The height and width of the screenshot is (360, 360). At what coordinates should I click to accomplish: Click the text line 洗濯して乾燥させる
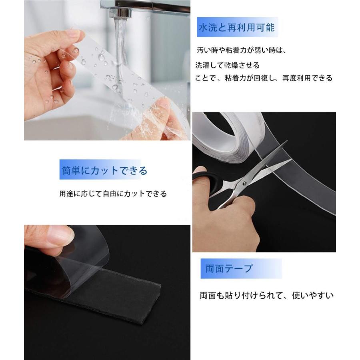click(x=227, y=65)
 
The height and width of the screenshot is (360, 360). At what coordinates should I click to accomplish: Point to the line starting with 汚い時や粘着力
click(x=242, y=51)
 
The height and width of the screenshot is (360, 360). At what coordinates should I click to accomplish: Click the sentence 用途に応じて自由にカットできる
click(x=113, y=194)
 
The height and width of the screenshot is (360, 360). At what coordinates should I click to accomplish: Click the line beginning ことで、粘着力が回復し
click(x=264, y=78)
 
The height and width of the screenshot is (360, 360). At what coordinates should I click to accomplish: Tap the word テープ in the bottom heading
click(x=240, y=268)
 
